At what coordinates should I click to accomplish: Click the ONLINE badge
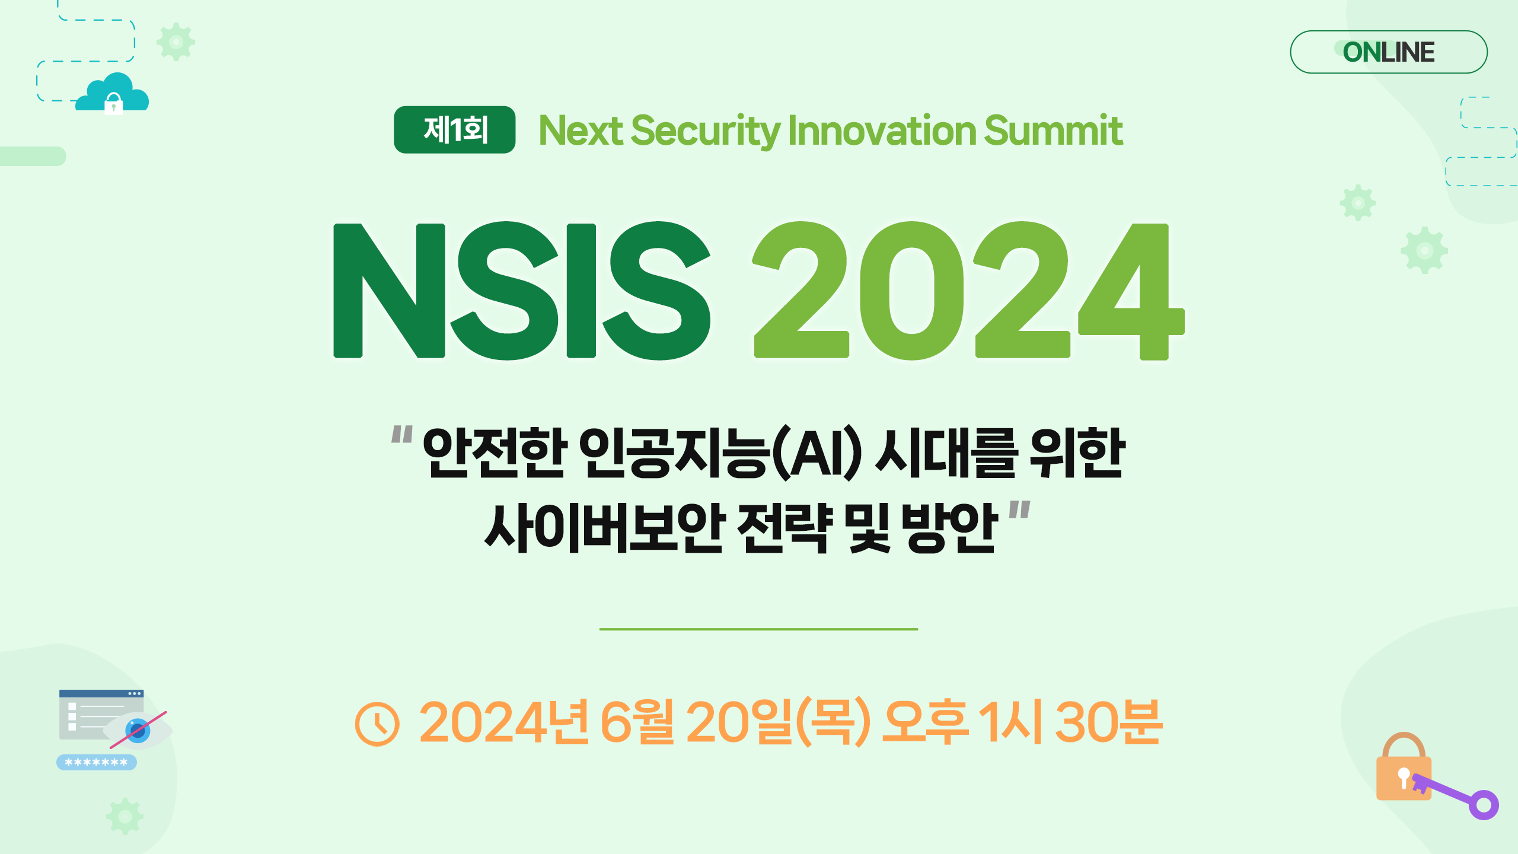click(1388, 52)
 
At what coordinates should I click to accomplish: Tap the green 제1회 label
click(455, 130)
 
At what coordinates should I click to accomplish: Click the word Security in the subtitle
click(706, 131)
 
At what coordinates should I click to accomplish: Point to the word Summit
click(1054, 130)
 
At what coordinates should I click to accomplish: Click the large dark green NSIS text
click(522, 291)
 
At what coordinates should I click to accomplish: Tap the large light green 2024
click(969, 291)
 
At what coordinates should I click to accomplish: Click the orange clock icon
click(377, 724)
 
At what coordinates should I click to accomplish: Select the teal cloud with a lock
click(113, 93)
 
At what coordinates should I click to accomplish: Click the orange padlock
click(1403, 767)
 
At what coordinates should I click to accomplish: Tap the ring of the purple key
click(1484, 805)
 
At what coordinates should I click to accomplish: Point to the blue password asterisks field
click(97, 762)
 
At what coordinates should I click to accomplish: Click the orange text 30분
click(1108, 721)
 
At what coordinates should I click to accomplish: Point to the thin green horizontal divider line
click(758, 629)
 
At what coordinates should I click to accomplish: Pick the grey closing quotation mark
click(1020, 511)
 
